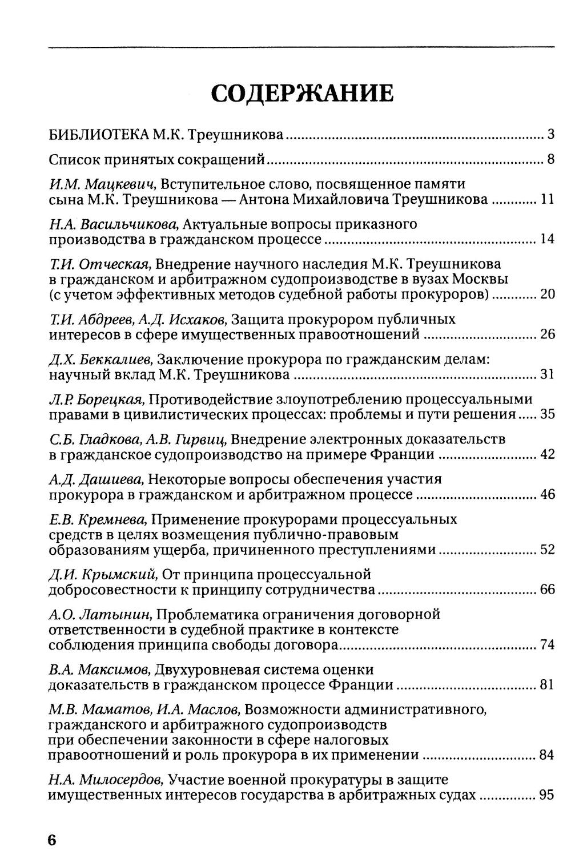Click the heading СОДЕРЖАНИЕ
[302, 93]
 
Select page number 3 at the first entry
[550, 135]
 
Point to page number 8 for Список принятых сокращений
[550, 159]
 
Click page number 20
[547, 295]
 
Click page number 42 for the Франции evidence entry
[547, 454]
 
